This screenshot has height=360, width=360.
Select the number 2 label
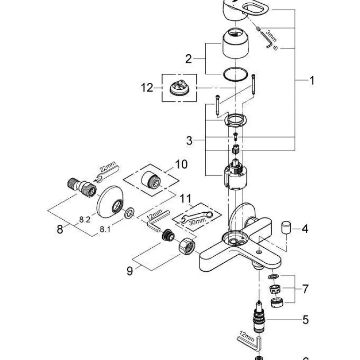[188, 59]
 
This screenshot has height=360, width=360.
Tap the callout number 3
[189, 140]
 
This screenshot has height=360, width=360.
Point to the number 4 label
[305, 229]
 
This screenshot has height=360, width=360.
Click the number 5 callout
[305, 320]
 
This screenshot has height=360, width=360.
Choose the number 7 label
[305, 289]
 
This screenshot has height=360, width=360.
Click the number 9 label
[130, 271]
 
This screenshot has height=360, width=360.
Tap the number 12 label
[147, 87]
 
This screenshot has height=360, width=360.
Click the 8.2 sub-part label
[85, 219]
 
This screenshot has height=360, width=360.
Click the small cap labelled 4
[286, 229]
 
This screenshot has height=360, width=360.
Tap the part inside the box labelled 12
[180, 87]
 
